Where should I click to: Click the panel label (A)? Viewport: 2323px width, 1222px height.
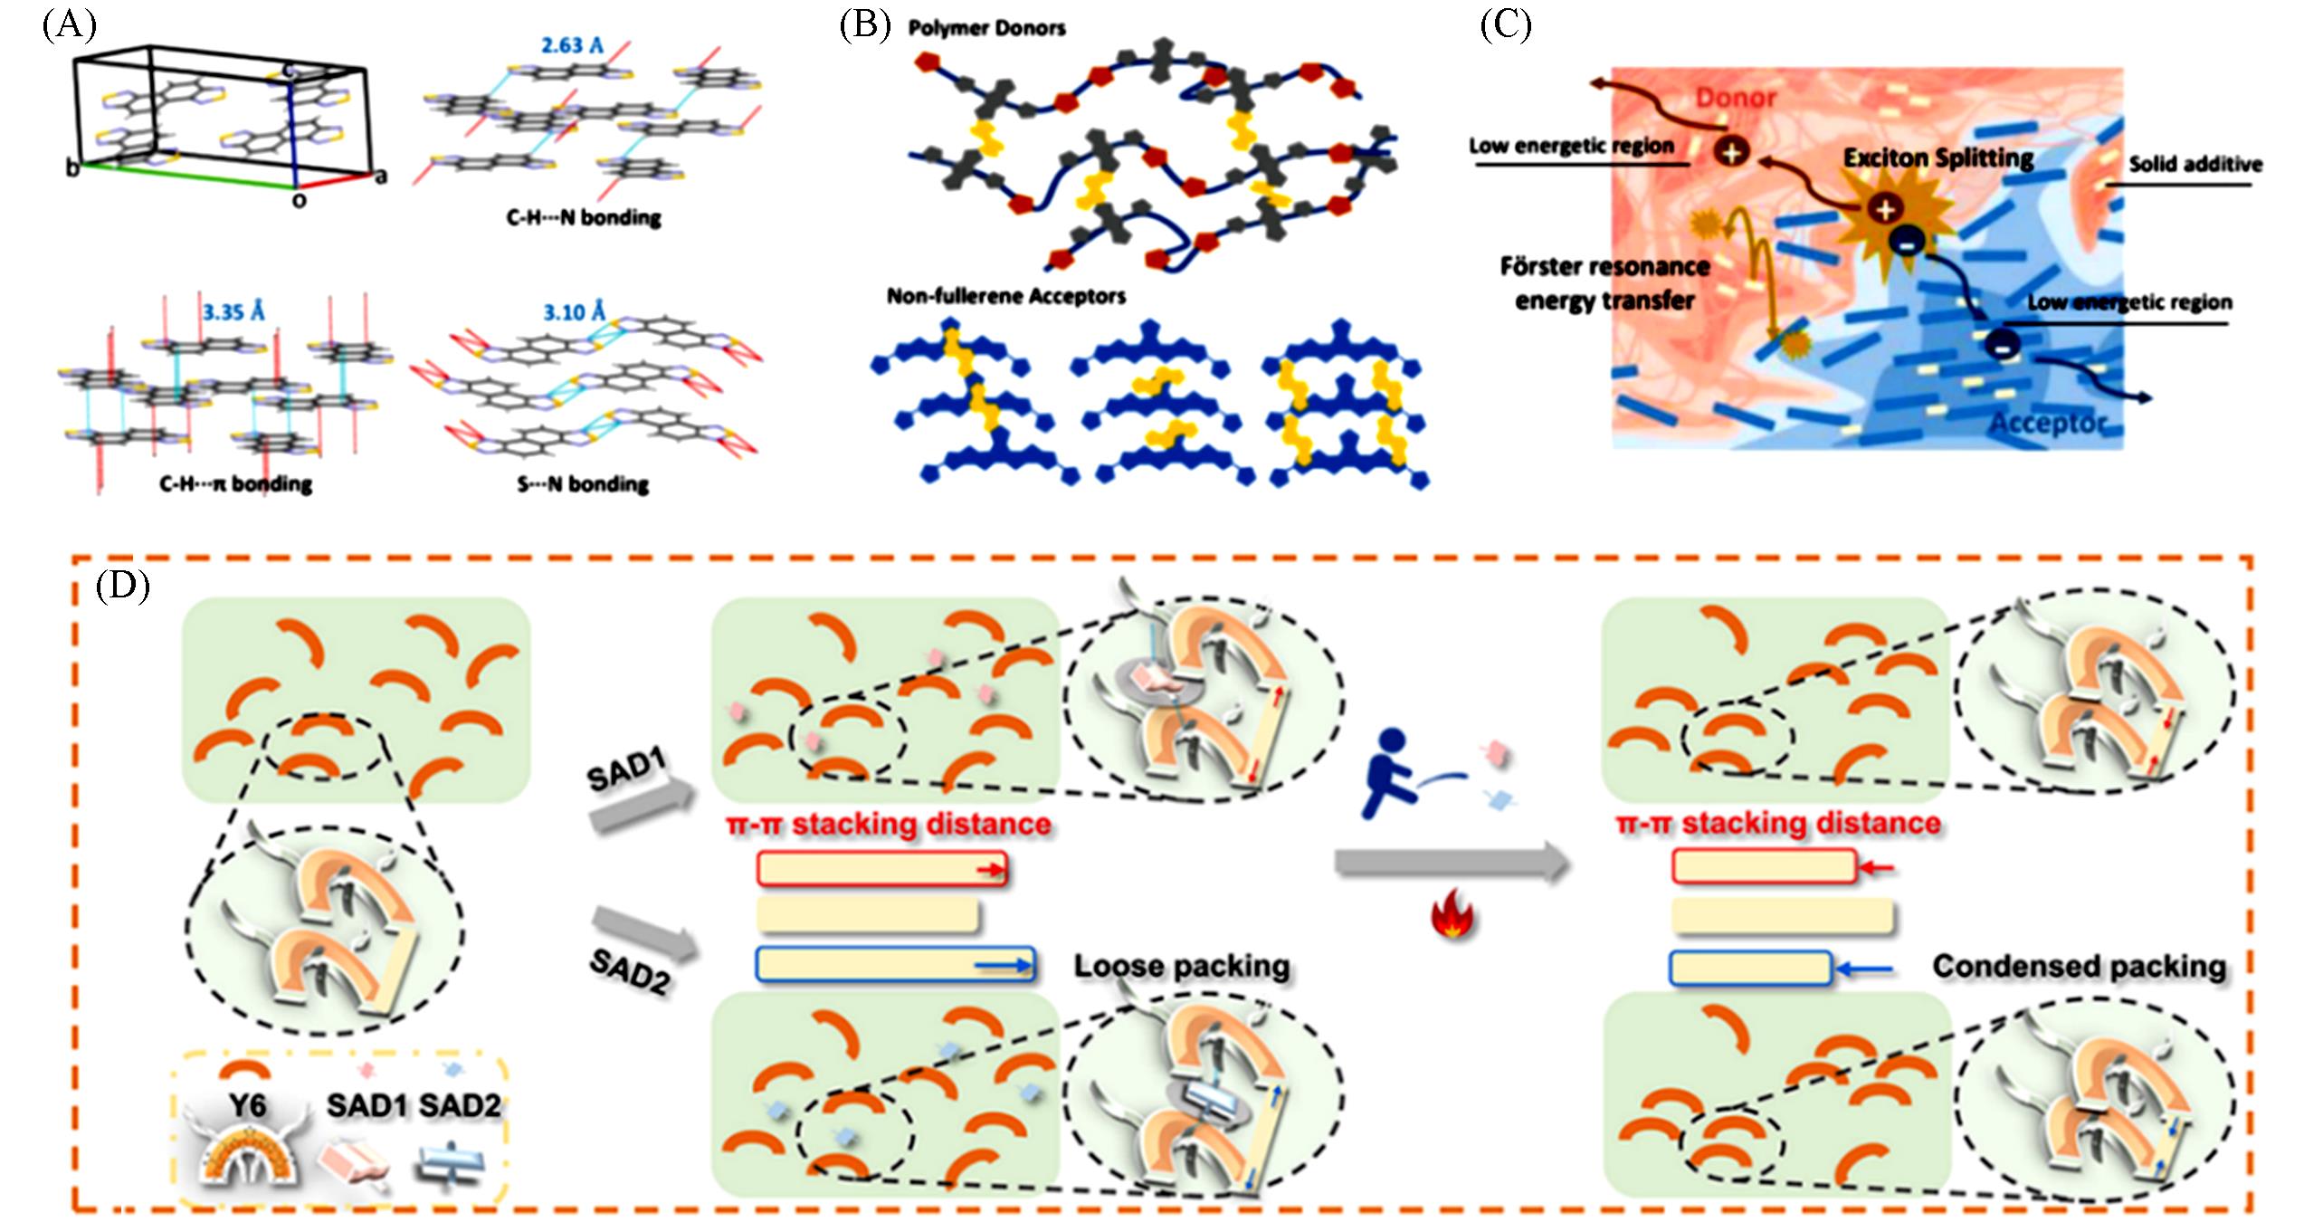pos(69,25)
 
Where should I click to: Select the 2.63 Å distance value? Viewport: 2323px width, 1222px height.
pos(572,45)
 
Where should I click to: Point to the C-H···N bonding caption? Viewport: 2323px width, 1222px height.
pos(583,218)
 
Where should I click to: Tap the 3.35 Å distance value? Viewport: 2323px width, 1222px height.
pos(233,312)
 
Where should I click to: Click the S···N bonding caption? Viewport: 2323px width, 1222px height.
pos(583,485)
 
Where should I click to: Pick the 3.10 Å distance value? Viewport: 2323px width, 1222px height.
pos(574,312)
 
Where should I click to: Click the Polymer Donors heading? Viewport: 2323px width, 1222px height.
pos(986,29)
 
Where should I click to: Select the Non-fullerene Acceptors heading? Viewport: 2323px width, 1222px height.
pos(1005,297)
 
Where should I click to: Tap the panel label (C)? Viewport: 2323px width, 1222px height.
pos(1505,25)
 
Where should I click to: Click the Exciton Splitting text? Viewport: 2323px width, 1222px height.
pos(1938,158)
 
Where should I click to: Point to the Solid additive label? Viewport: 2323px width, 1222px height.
pos(2194,165)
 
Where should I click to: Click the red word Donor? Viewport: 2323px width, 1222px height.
pos(1735,98)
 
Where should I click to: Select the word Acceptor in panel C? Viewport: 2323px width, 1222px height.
pos(2047,423)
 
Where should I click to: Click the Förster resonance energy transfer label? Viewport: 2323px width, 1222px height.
pos(1604,283)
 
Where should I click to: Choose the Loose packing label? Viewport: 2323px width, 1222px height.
pos(1181,967)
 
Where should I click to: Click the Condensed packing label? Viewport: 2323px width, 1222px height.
pos(2079,967)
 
